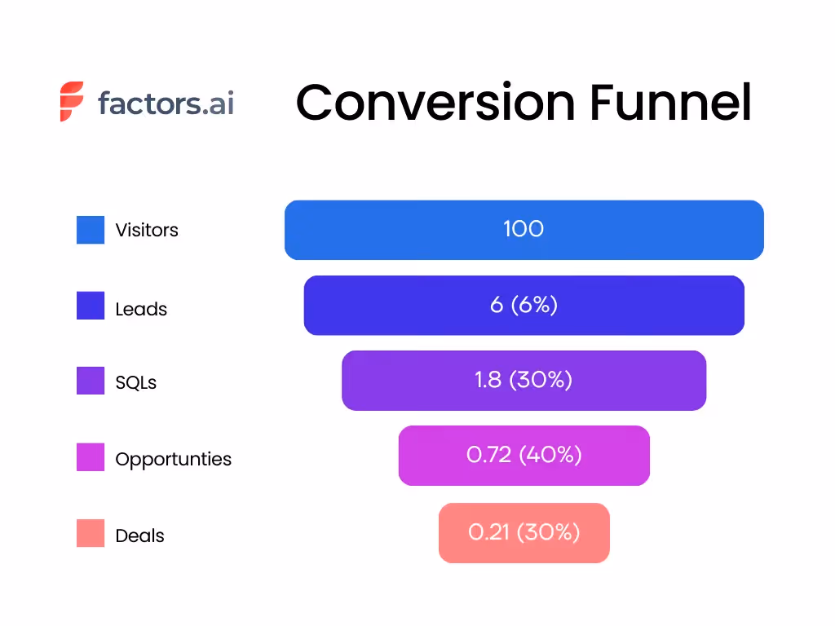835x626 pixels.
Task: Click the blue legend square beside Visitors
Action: coord(91,230)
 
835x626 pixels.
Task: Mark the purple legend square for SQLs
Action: coord(91,381)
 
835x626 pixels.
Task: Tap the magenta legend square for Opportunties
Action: coord(91,456)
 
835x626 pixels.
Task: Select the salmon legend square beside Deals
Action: coord(91,533)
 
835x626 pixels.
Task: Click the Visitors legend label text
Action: coord(147,230)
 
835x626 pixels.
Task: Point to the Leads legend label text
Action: coord(141,310)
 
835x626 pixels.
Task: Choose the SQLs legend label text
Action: coord(136,382)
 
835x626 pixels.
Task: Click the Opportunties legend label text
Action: coord(173,459)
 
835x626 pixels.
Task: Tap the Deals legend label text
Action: coord(139,536)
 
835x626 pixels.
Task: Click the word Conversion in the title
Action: coord(435,104)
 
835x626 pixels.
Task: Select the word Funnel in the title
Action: coord(669,104)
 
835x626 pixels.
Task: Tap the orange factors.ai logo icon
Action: coord(72,102)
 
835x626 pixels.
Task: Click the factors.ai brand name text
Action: coord(166,104)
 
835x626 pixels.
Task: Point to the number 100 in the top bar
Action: coord(524,228)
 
